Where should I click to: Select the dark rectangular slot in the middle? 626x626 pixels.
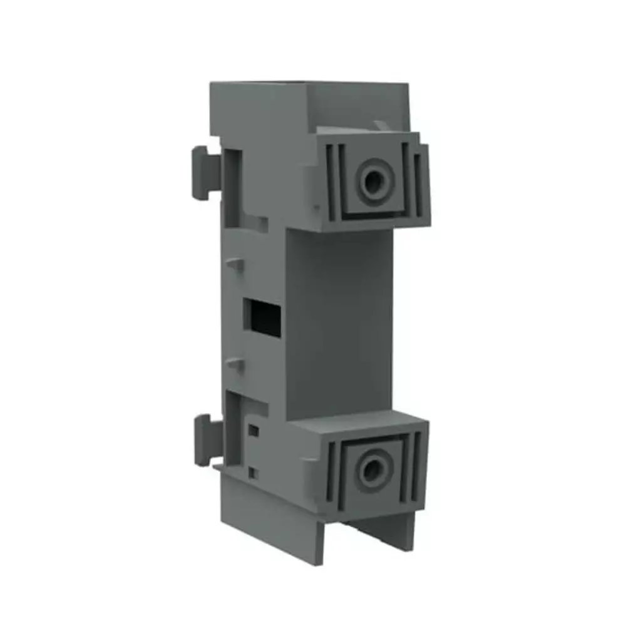tap(263, 317)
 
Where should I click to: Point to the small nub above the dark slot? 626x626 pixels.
tap(235, 264)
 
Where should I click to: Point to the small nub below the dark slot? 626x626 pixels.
tap(235, 363)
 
